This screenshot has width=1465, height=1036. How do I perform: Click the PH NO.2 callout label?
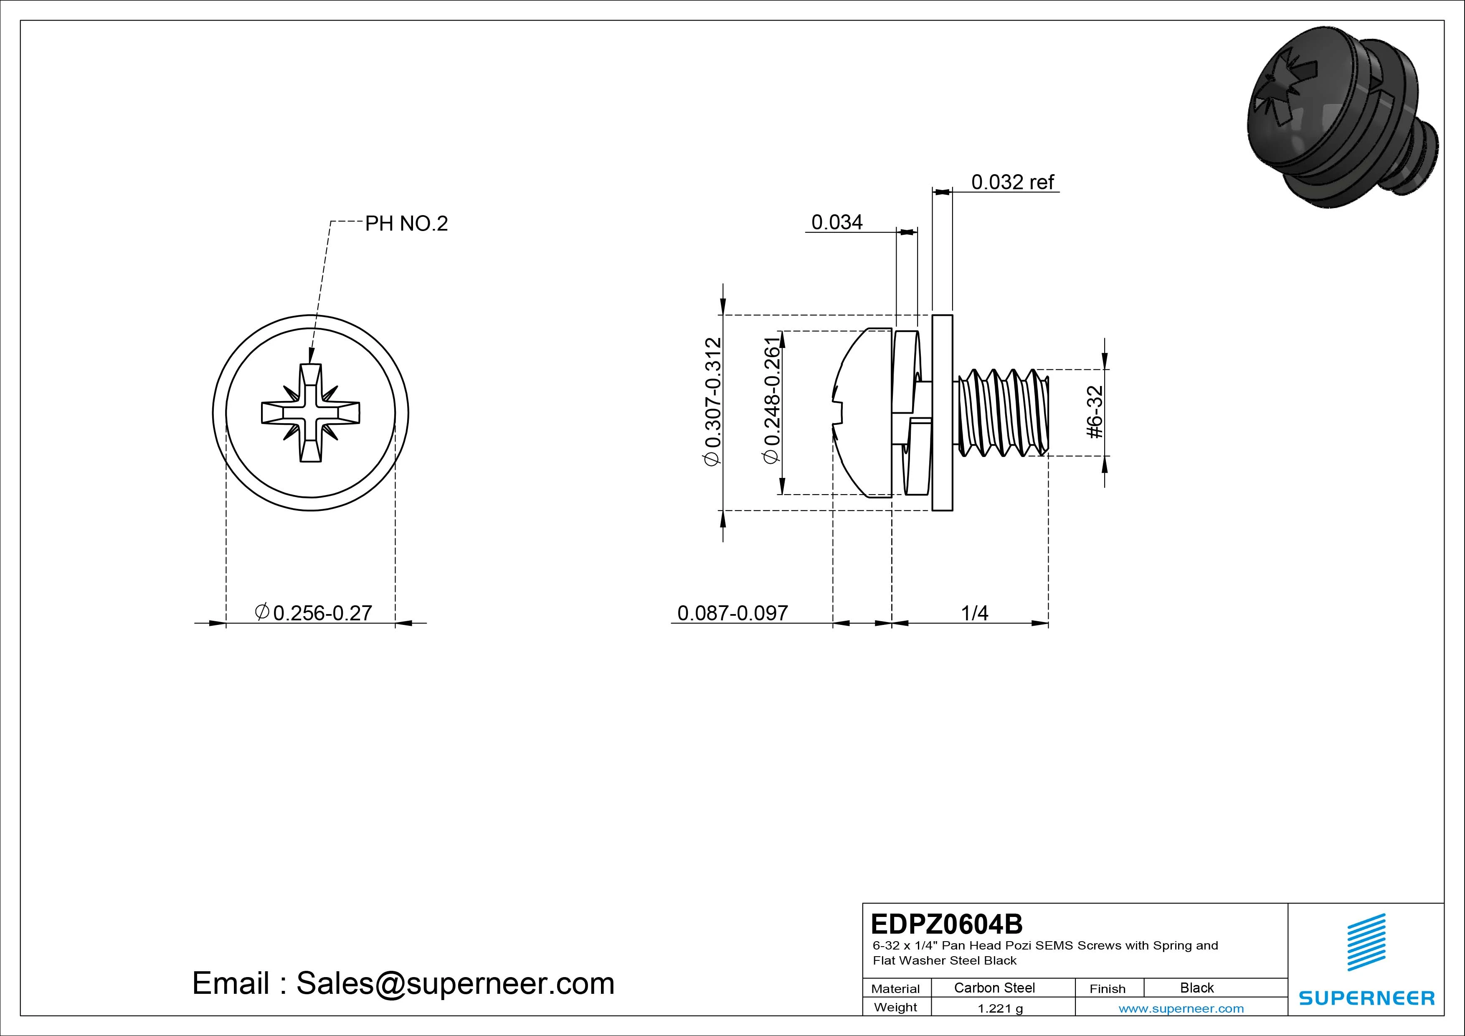pos(406,223)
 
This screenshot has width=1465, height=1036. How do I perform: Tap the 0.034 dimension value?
pos(836,222)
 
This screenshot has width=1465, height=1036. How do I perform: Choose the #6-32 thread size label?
pos(1095,412)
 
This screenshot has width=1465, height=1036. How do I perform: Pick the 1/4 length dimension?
pos(974,613)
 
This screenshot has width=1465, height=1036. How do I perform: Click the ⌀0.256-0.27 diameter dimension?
pos(313,613)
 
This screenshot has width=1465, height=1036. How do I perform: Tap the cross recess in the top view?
pos(311,412)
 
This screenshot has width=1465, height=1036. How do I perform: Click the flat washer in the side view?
pos(942,412)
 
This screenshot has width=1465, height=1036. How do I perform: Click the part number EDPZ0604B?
pos(946,924)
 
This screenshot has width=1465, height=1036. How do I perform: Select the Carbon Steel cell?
pos(994,988)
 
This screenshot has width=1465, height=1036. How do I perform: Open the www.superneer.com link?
pos(1181,1008)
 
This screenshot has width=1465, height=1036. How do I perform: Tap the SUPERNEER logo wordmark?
pos(1366,998)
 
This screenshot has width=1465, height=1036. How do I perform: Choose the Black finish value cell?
pos(1196,988)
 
